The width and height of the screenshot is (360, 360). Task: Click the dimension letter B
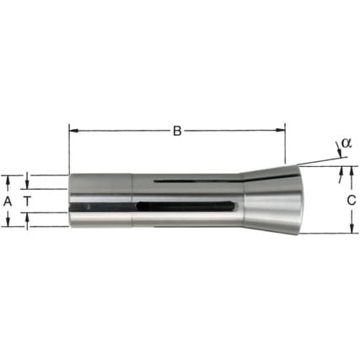pyautogui.click(x=177, y=131)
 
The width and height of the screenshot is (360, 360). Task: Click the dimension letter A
pyautogui.click(x=8, y=201)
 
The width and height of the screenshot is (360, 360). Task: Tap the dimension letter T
pyautogui.click(x=27, y=201)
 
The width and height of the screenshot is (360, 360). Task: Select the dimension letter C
pyautogui.click(x=352, y=201)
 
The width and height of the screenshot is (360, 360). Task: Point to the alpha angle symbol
pyautogui.click(x=347, y=143)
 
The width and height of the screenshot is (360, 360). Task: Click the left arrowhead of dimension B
pyautogui.click(x=73, y=131)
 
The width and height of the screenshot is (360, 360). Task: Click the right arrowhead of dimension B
pyautogui.click(x=281, y=130)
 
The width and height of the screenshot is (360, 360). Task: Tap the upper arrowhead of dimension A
pyautogui.click(x=8, y=180)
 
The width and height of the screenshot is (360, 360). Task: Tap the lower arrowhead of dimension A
pyautogui.click(x=8, y=222)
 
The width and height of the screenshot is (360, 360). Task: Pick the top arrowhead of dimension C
pyautogui.click(x=352, y=170)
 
